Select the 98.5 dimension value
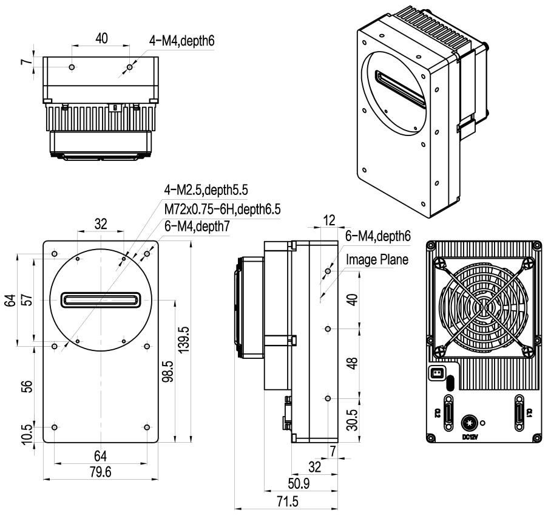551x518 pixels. [168, 370]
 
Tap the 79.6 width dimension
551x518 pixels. [101, 472]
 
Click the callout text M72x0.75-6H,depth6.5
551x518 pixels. [223, 209]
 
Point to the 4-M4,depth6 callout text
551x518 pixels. [182, 41]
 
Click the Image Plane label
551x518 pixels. [376, 259]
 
